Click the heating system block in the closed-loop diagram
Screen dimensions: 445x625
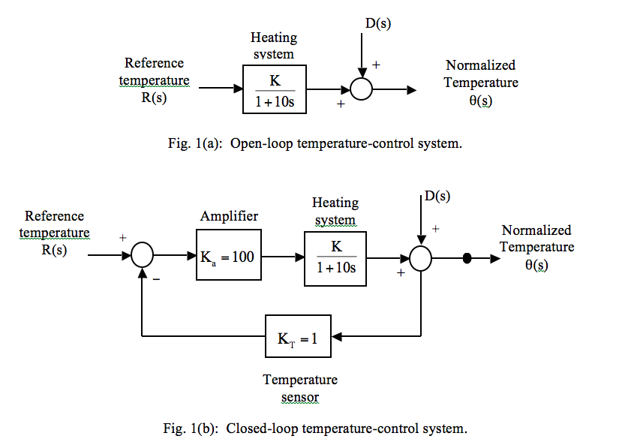pyautogui.click(x=335, y=257)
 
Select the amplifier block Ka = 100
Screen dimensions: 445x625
pyautogui.click(x=227, y=257)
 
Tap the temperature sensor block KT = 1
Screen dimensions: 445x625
pyautogui.click(x=298, y=338)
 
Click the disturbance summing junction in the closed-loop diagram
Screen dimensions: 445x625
pyautogui.click(x=421, y=258)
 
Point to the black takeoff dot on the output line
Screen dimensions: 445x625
pyautogui.click(x=467, y=258)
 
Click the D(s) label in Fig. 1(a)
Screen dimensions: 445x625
pyautogui.click(x=378, y=24)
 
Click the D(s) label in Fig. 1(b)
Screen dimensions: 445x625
pyautogui.click(x=437, y=196)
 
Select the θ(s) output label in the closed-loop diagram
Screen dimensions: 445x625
pyautogui.click(x=536, y=266)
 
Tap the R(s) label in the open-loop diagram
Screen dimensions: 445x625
pyautogui.click(x=154, y=98)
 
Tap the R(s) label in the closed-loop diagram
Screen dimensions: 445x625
pyautogui.click(x=54, y=250)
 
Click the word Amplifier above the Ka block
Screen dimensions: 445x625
pyautogui.click(x=229, y=216)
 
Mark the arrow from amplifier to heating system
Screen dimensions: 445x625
pyautogui.click(x=282, y=257)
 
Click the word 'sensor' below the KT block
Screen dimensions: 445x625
pyautogui.click(x=299, y=397)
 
